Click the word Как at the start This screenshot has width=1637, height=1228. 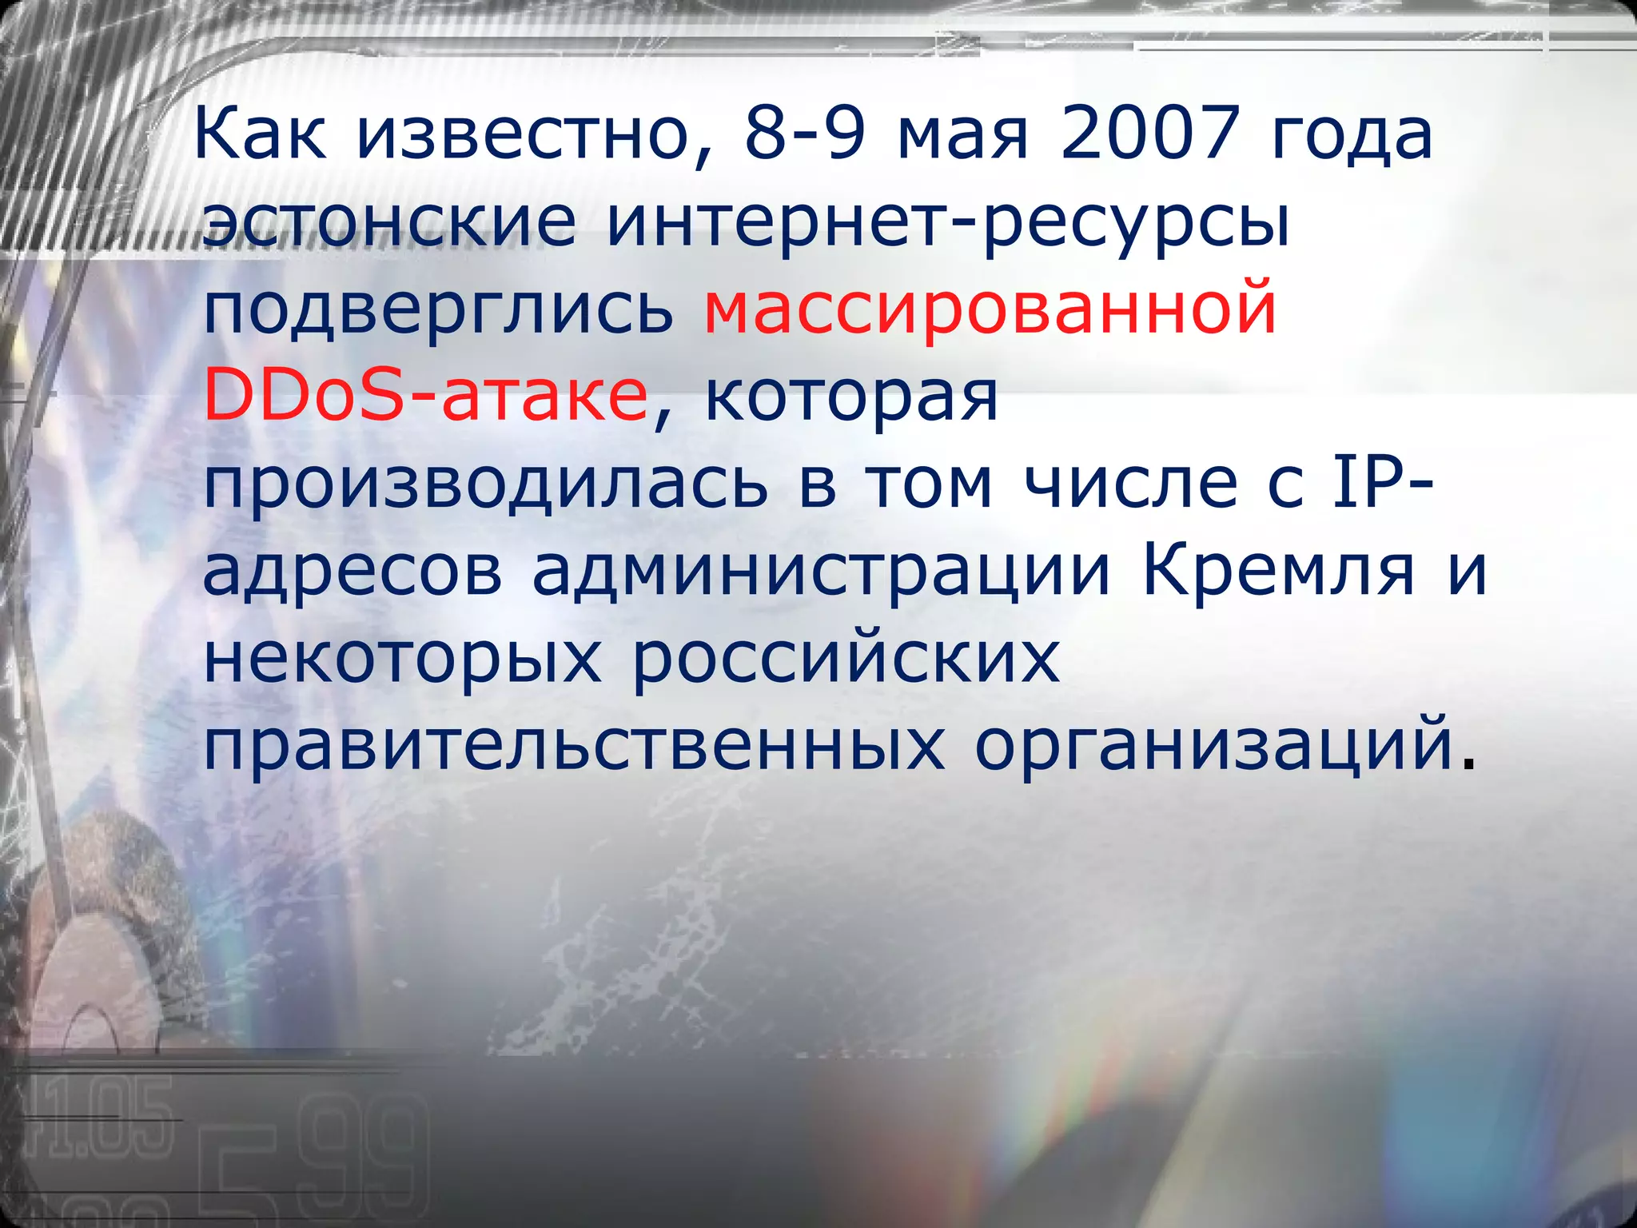(x=260, y=134)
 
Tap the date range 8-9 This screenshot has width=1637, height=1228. (x=806, y=134)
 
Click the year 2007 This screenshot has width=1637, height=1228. (x=1149, y=134)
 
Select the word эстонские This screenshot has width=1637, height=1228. (x=389, y=221)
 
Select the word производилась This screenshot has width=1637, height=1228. (x=486, y=486)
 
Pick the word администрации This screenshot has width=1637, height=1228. (x=822, y=573)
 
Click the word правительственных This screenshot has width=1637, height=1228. (x=575, y=747)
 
